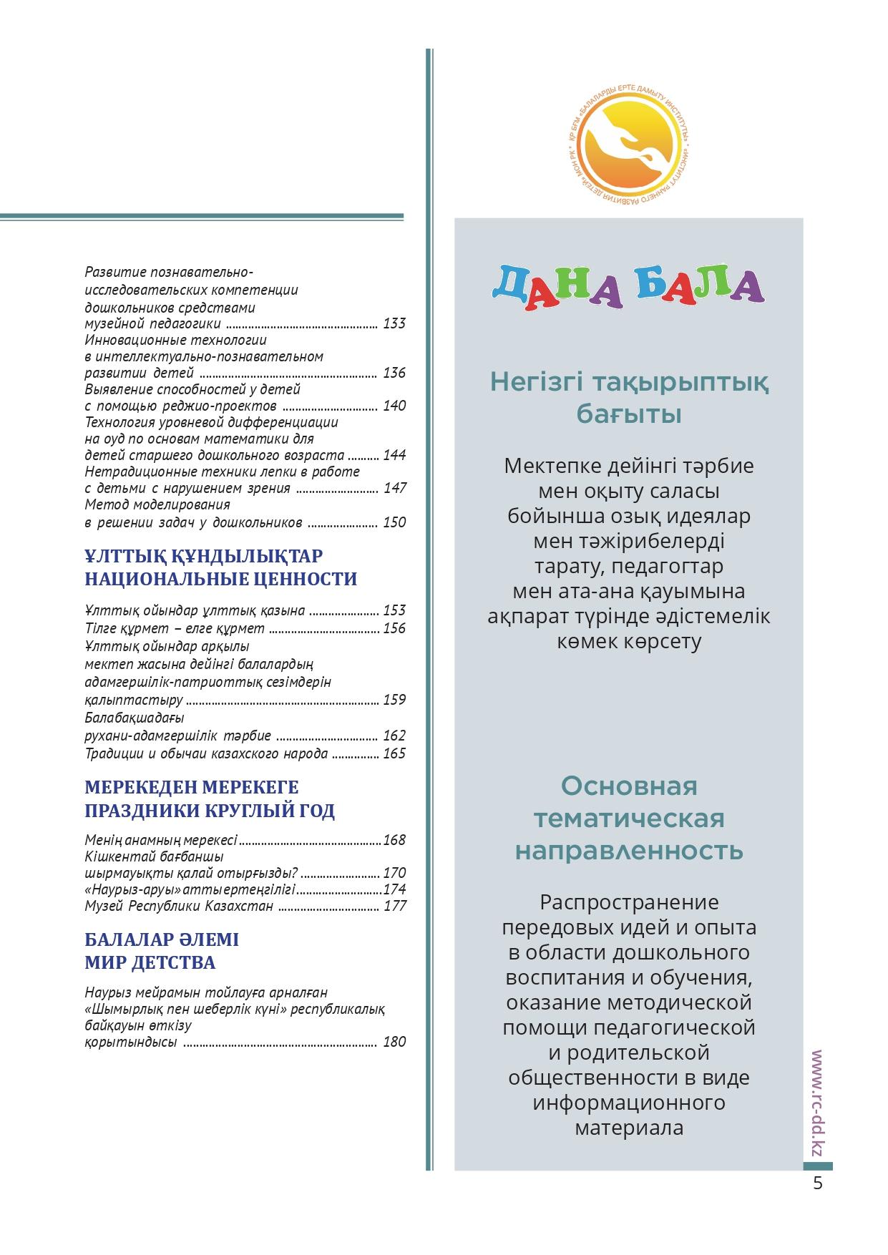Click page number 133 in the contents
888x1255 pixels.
(394, 323)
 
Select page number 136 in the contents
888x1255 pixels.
(394, 373)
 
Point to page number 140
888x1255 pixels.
(394, 406)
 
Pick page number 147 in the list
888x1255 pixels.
(394, 488)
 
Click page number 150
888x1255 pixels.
(394, 522)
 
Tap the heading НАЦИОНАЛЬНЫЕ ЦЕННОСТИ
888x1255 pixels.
(220, 579)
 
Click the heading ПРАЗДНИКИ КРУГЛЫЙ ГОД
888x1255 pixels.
(210, 811)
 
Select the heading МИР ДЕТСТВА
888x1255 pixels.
(150, 962)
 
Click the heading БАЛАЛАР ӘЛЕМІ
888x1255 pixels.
(162, 939)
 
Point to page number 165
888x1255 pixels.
(394, 753)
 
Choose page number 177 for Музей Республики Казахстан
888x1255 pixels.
(394, 906)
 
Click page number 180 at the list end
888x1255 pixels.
(394, 1042)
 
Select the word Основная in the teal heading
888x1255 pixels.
(628, 786)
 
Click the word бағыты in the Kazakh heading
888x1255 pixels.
(628, 414)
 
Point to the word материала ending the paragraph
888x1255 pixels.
(628, 1128)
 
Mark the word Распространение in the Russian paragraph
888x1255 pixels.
(628, 902)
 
